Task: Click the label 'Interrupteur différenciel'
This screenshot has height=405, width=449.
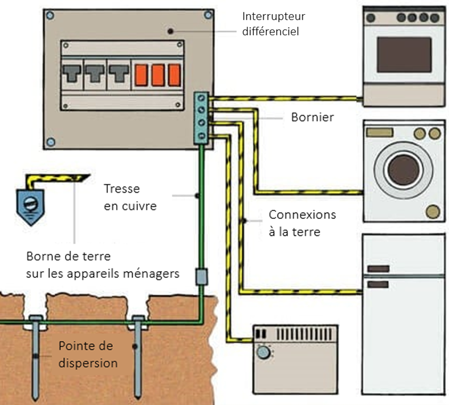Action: [270, 23]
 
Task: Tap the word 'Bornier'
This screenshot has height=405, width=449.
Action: [312, 117]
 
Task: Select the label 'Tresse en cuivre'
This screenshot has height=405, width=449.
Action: [130, 197]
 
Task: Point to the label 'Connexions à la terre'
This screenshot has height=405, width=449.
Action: [302, 223]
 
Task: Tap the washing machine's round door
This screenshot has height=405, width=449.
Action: [404, 168]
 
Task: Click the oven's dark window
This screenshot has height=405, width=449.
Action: [404, 54]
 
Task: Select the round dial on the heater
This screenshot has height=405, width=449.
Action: [263, 352]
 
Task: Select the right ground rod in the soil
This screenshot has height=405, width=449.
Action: [137, 357]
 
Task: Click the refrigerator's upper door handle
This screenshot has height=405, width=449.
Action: [378, 268]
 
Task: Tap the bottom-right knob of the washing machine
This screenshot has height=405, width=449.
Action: [434, 212]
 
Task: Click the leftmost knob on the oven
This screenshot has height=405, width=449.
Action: [371, 18]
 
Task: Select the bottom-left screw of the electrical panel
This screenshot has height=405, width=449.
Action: [50, 142]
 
